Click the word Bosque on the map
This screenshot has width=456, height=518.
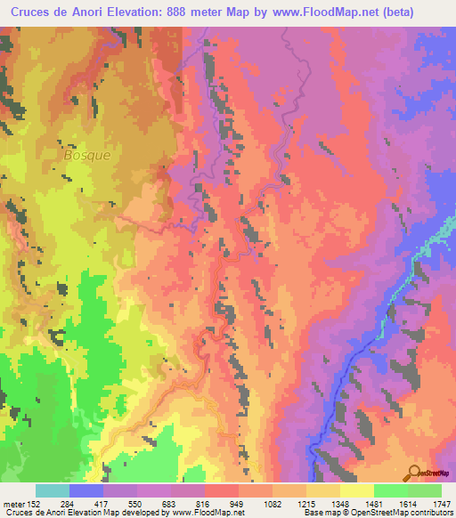[x=87, y=154]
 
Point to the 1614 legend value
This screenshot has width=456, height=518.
[x=408, y=505]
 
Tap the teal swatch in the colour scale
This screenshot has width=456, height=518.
[x=53, y=490]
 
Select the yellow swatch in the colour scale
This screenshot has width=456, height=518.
[x=356, y=490]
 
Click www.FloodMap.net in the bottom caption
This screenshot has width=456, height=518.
[x=206, y=514]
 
